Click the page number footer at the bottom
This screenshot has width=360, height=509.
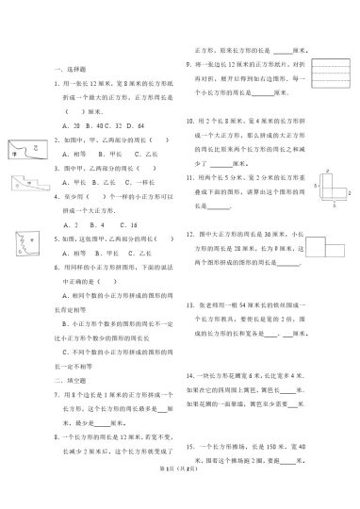[179, 496]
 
